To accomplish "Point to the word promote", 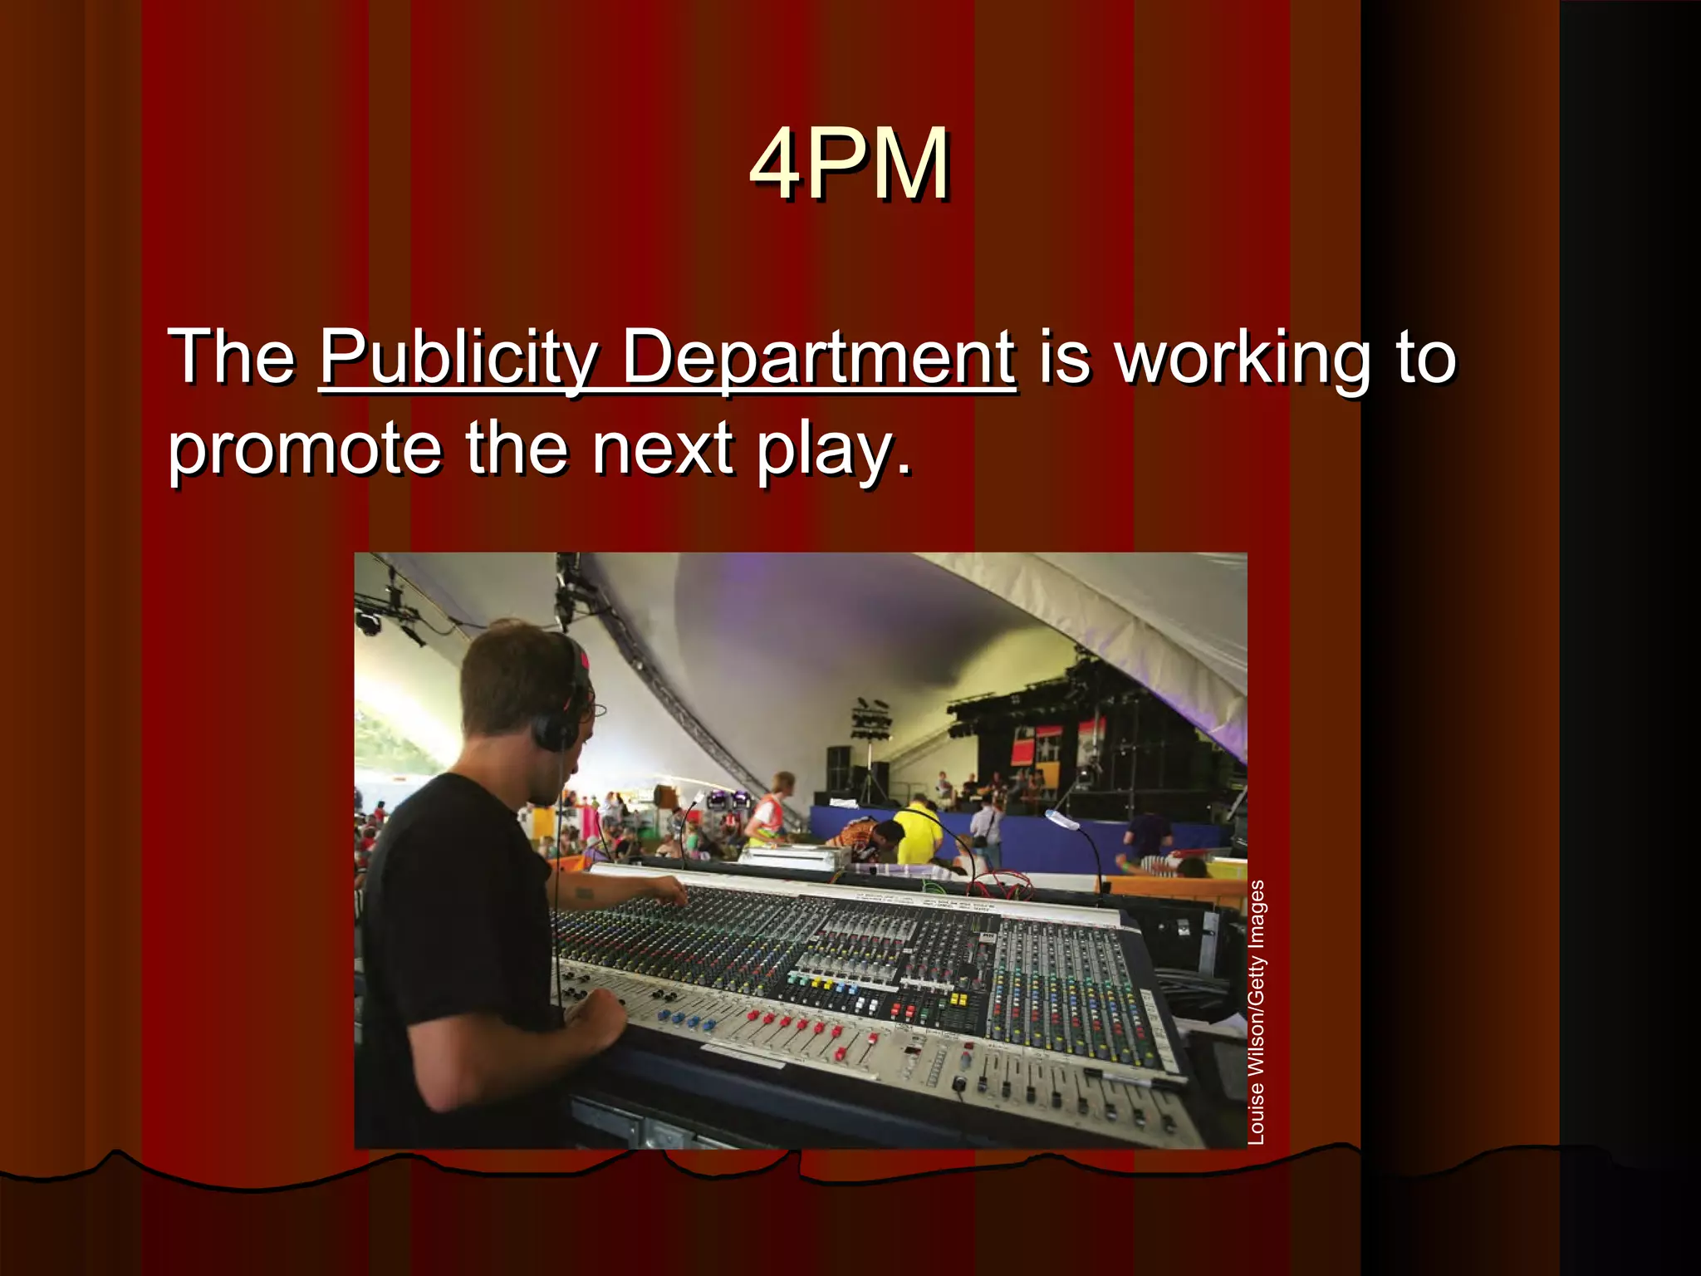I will point(304,449).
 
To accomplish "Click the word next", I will point(663,449).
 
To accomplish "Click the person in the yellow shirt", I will point(919,830).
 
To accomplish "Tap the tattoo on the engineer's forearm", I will point(585,894).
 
